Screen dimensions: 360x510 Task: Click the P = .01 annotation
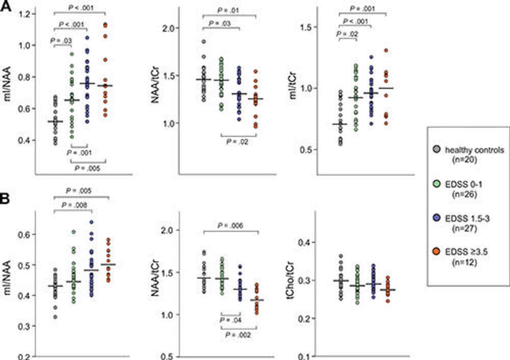[x=231, y=9]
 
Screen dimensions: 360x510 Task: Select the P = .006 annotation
[x=231, y=225]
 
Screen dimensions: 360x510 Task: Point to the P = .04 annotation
[x=231, y=320]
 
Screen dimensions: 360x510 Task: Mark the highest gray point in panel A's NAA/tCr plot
[x=203, y=42]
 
